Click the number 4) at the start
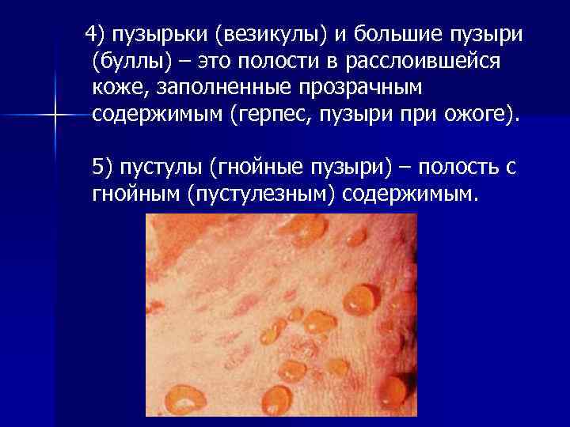96,34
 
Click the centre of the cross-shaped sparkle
55,115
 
